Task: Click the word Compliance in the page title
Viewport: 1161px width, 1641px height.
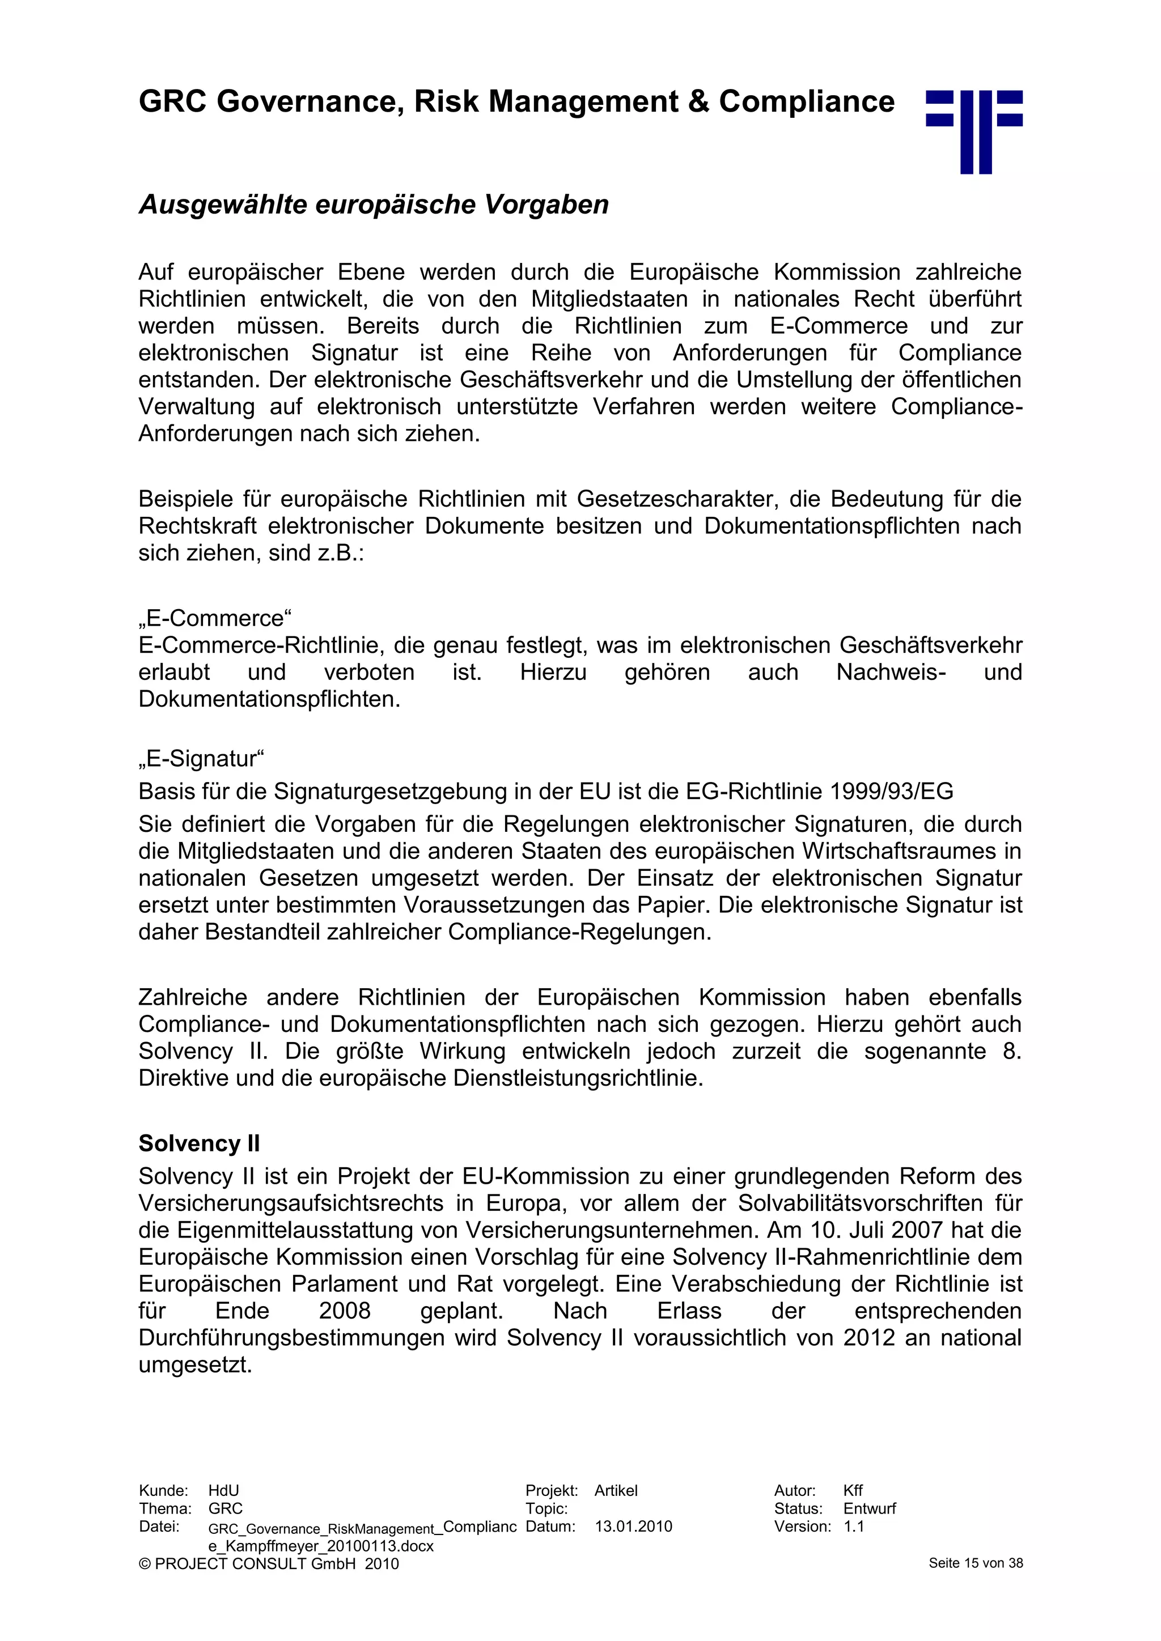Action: point(807,101)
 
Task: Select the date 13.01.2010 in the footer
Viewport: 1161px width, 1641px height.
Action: point(633,1526)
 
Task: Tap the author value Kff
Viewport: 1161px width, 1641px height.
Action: point(853,1490)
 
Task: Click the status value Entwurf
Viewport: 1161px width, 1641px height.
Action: point(869,1508)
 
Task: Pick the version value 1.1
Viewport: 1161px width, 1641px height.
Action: point(854,1526)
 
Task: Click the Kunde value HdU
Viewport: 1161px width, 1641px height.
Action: point(224,1490)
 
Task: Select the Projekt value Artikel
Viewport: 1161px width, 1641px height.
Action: point(616,1490)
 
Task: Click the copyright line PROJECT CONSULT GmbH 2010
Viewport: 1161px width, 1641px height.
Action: point(269,1563)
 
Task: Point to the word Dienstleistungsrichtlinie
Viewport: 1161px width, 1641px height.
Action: point(578,1078)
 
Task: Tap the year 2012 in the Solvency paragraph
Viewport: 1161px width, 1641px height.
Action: point(868,1337)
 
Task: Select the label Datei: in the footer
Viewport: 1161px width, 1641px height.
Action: point(159,1526)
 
